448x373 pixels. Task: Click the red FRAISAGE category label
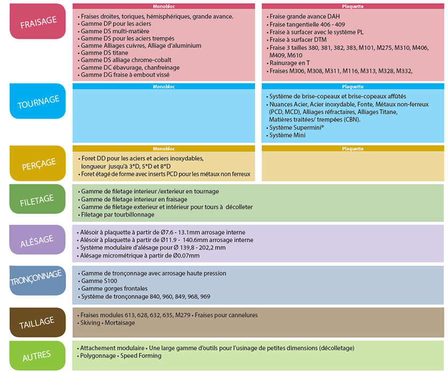tap(37, 21)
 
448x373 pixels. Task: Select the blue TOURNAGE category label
tap(37, 101)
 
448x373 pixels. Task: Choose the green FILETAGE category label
tap(37, 200)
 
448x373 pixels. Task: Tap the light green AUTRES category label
tap(37, 355)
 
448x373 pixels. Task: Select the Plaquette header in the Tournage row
tap(353, 86)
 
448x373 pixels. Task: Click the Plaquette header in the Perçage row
tap(353, 149)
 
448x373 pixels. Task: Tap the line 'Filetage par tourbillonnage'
tap(117, 215)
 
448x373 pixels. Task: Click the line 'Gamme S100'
tap(99, 281)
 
